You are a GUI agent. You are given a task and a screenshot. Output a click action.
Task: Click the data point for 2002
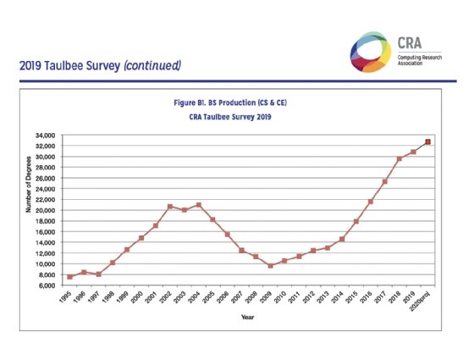[x=170, y=207]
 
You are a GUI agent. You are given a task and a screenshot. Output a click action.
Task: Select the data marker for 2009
[x=270, y=266]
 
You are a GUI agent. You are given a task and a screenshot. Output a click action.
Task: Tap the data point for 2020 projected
[x=427, y=141]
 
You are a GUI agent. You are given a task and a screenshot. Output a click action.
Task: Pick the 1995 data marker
[x=69, y=277]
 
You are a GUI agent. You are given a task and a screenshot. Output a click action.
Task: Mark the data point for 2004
[x=198, y=205]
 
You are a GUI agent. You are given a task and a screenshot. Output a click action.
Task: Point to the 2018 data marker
[x=399, y=158]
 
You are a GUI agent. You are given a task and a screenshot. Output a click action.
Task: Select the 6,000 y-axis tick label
[x=47, y=285]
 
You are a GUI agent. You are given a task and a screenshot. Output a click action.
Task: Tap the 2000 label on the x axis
[x=136, y=299]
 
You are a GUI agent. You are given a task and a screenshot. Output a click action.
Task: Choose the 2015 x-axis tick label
[x=350, y=299]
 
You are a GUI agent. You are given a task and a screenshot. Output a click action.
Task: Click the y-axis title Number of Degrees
[x=28, y=209]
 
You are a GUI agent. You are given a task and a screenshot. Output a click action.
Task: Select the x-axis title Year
[x=245, y=318]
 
